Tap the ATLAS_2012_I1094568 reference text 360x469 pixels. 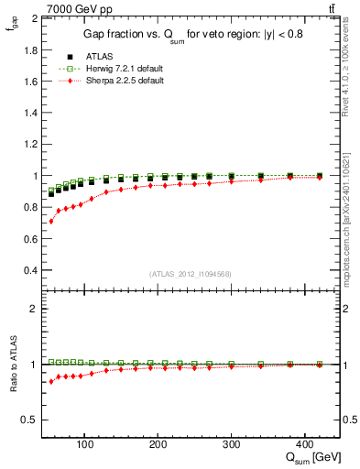point(188,274)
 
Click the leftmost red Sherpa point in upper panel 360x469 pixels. point(51,222)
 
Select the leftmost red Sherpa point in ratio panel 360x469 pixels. point(51,381)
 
